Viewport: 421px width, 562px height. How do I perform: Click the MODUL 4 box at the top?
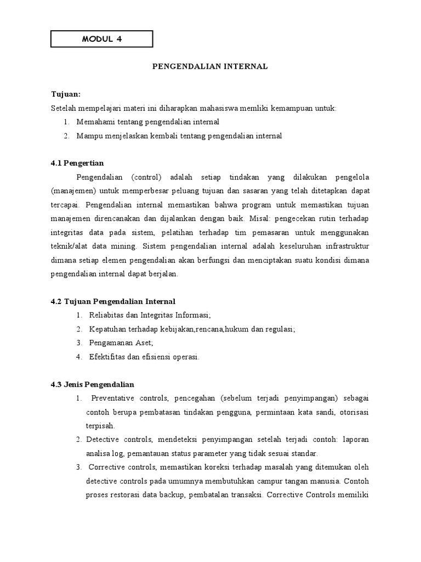101,39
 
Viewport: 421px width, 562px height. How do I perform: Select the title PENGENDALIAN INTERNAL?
210,66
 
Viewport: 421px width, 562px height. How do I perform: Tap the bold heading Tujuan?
65,94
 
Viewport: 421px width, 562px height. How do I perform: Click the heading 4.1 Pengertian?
77,163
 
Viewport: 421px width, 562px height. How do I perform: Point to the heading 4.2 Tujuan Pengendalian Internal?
113,301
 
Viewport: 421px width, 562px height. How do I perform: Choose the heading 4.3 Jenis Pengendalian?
92,384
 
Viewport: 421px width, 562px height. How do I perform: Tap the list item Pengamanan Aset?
114,343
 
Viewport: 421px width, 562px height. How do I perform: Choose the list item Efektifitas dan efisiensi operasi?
137,357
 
